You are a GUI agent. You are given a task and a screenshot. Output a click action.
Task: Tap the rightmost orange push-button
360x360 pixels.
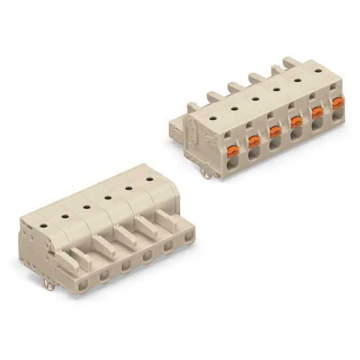point(338,103)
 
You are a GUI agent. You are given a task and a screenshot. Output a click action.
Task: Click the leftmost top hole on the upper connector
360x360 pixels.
point(213,119)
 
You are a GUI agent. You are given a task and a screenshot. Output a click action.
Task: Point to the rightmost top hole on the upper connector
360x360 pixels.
point(317,71)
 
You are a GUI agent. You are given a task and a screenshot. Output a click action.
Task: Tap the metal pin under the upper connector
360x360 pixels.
point(208,175)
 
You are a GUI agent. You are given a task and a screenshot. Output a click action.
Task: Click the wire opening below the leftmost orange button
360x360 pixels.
point(232,164)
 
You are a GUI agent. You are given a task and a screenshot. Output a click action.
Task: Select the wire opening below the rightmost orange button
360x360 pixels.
point(337,118)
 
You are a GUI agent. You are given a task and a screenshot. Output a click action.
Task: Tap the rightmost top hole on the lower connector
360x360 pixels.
point(150,179)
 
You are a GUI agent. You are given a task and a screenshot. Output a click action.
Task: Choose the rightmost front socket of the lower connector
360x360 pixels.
point(188,239)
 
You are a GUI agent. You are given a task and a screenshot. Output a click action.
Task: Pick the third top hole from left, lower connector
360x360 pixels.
point(87,206)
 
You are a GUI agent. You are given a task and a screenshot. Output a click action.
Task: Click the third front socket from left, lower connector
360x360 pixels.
point(125,268)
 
